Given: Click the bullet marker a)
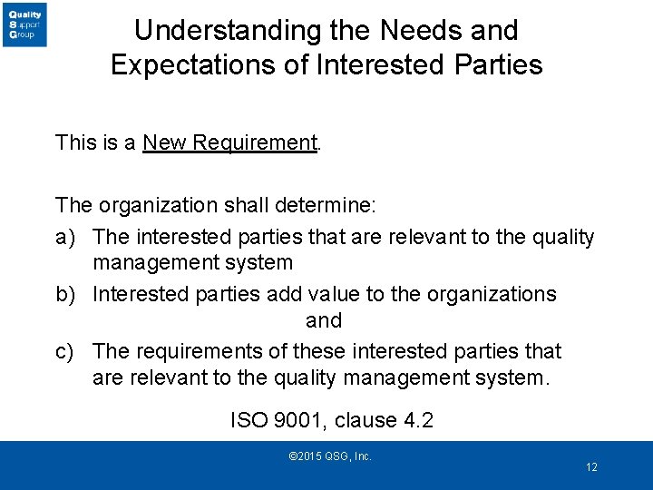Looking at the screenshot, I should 64,238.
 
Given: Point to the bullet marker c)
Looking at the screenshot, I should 64,351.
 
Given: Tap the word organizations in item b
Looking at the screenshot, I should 482,295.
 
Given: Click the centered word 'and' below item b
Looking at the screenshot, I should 324,321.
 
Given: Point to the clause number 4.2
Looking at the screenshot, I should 417,421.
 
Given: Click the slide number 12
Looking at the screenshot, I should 591,467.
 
